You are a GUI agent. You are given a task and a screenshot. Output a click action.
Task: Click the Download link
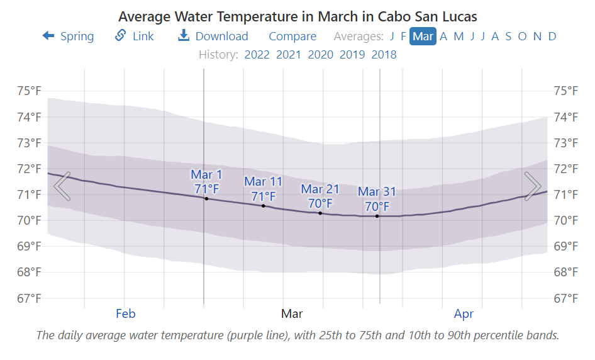tap(213, 37)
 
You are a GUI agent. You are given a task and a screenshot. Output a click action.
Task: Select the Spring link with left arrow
tap(68, 37)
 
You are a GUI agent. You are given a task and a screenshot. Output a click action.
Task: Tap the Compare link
tap(292, 37)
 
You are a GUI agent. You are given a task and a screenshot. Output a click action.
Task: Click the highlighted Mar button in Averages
tap(423, 37)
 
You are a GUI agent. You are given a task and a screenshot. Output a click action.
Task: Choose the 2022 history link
tap(257, 55)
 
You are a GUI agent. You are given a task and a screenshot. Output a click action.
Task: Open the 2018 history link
tap(384, 55)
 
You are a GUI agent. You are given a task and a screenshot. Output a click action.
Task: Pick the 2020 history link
tap(320, 55)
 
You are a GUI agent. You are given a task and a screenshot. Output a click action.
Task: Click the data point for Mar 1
tap(206, 199)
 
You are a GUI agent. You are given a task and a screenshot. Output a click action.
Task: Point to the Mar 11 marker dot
tap(263, 206)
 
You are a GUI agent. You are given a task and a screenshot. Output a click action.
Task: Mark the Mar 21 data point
tap(320, 213)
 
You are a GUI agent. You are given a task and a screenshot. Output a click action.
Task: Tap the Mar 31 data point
tap(377, 217)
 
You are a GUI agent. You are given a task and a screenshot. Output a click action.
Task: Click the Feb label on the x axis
tap(126, 313)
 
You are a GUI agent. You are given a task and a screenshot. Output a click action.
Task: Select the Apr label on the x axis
tap(464, 313)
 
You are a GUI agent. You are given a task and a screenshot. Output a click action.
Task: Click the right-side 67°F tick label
tap(565, 298)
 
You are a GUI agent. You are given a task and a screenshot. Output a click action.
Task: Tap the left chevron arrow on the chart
tap(62, 186)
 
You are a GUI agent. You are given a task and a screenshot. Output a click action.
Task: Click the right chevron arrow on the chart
tap(533, 186)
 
